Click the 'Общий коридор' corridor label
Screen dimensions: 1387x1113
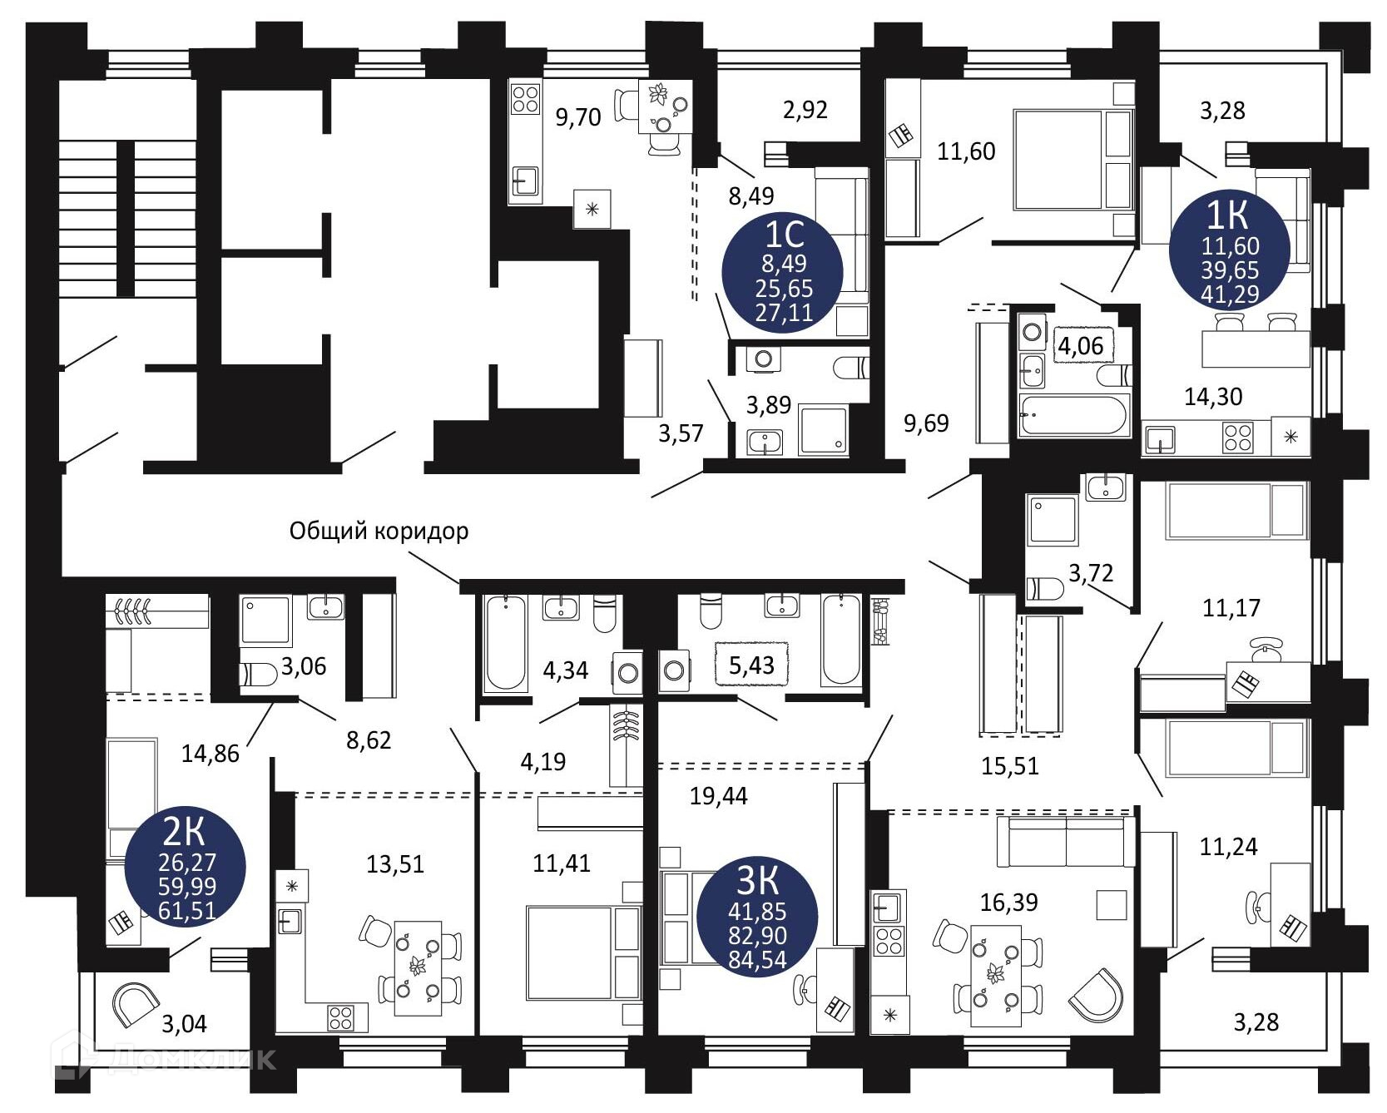point(379,531)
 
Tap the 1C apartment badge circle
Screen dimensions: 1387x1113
point(784,272)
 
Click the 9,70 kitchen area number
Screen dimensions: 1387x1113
point(577,117)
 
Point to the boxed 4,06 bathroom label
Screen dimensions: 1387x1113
point(1081,345)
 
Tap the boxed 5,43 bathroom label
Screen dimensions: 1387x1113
point(751,665)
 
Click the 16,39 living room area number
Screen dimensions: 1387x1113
point(1008,902)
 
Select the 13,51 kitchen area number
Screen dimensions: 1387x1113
point(395,864)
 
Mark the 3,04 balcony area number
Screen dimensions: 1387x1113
point(184,1023)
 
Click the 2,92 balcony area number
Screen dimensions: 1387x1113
point(805,110)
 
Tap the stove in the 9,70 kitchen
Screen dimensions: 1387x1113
point(525,99)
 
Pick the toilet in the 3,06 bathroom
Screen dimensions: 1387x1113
point(259,674)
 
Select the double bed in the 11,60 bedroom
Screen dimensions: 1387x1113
point(1072,160)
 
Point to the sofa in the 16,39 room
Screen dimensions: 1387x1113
point(1066,842)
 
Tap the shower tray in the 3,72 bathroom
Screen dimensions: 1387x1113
point(1053,521)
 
